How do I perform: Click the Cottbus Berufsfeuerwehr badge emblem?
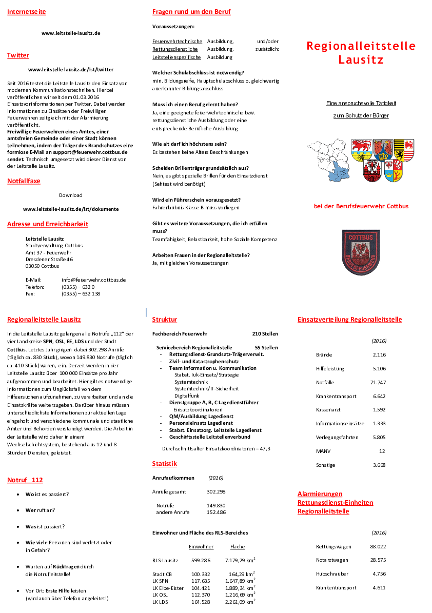361,252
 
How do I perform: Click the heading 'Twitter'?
18,55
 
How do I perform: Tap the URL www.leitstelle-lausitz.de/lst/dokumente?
71,209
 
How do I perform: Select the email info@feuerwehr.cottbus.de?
93,280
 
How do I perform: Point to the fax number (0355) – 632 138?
81,294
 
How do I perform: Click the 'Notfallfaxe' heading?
24,181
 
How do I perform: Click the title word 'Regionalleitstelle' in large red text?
361,46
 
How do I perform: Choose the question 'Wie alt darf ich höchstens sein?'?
189,144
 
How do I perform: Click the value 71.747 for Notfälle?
378,382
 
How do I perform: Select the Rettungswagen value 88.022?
378,546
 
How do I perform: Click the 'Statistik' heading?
164,464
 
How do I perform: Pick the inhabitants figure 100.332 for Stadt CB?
201,574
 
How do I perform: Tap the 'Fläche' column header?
238,547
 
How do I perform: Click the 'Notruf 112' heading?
25,480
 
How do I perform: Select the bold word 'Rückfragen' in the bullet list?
66,567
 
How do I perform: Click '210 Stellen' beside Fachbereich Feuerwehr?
265,334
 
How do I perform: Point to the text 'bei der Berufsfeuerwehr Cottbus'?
361,206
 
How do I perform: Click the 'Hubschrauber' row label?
332,574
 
